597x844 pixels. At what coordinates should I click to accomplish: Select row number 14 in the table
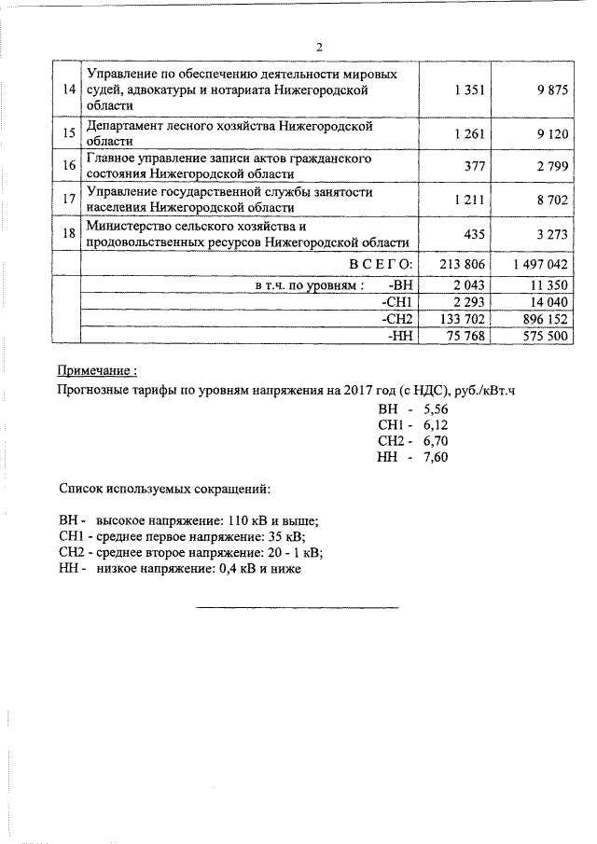(x=67, y=89)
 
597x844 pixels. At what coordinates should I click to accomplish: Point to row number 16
(x=67, y=166)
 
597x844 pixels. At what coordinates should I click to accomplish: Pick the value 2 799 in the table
(x=548, y=166)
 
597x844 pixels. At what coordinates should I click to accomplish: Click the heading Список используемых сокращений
(x=164, y=487)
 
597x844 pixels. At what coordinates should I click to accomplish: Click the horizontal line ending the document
(x=297, y=608)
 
